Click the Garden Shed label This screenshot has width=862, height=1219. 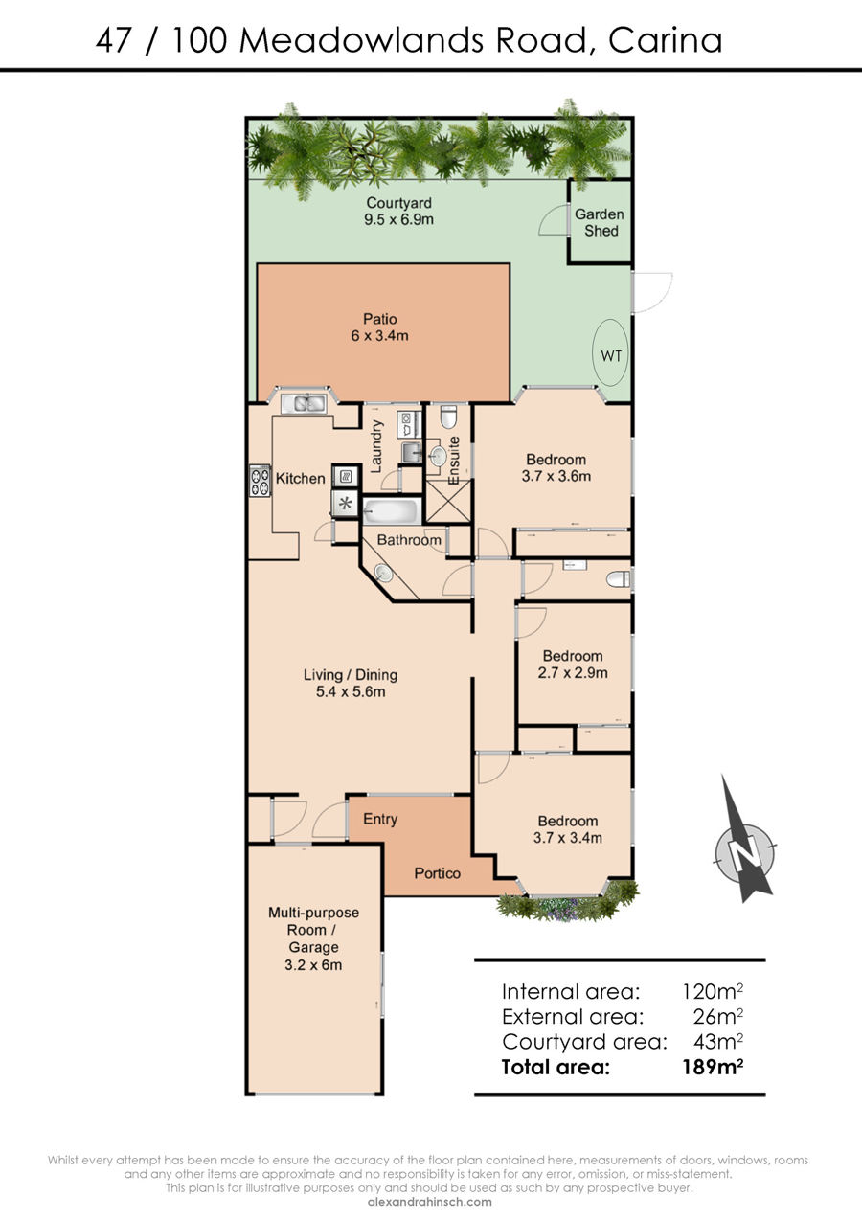pyautogui.click(x=601, y=222)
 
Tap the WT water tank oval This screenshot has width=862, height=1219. pyautogui.click(x=611, y=352)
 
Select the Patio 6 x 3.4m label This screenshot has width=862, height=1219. pyautogui.click(x=380, y=327)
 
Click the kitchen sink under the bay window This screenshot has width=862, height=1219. pyautogui.click(x=303, y=403)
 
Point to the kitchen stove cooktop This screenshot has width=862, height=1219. pyautogui.click(x=261, y=481)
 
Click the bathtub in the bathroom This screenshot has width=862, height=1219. pyautogui.click(x=391, y=512)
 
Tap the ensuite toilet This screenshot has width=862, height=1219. pyautogui.click(x=448, y=417)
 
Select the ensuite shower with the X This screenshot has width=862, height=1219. pyautogui.click(x=447, y=502)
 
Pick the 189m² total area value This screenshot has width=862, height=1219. pyautogui.click(x=713, y=1067)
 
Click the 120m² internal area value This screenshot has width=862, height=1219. pyautogui.click(x=713, y=991)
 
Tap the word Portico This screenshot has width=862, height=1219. pyautogui.click(x=437, y=873)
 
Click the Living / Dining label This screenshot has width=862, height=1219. pyautogui.click(x=351, y=675)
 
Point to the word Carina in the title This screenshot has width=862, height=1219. pyautogui.click(x=666, y=39)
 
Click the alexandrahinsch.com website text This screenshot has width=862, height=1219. pyautogui.click(x=430, y=1202)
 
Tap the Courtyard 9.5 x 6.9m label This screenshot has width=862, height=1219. pyautogui.click(x=398, y=212)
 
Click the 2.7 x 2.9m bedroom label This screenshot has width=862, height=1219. pyautogui.click(x=573, y=673)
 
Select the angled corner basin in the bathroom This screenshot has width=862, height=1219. pyautogui.click(x=384, y=573)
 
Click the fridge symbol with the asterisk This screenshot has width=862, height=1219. pyautogui.click(x=346, y=503)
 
